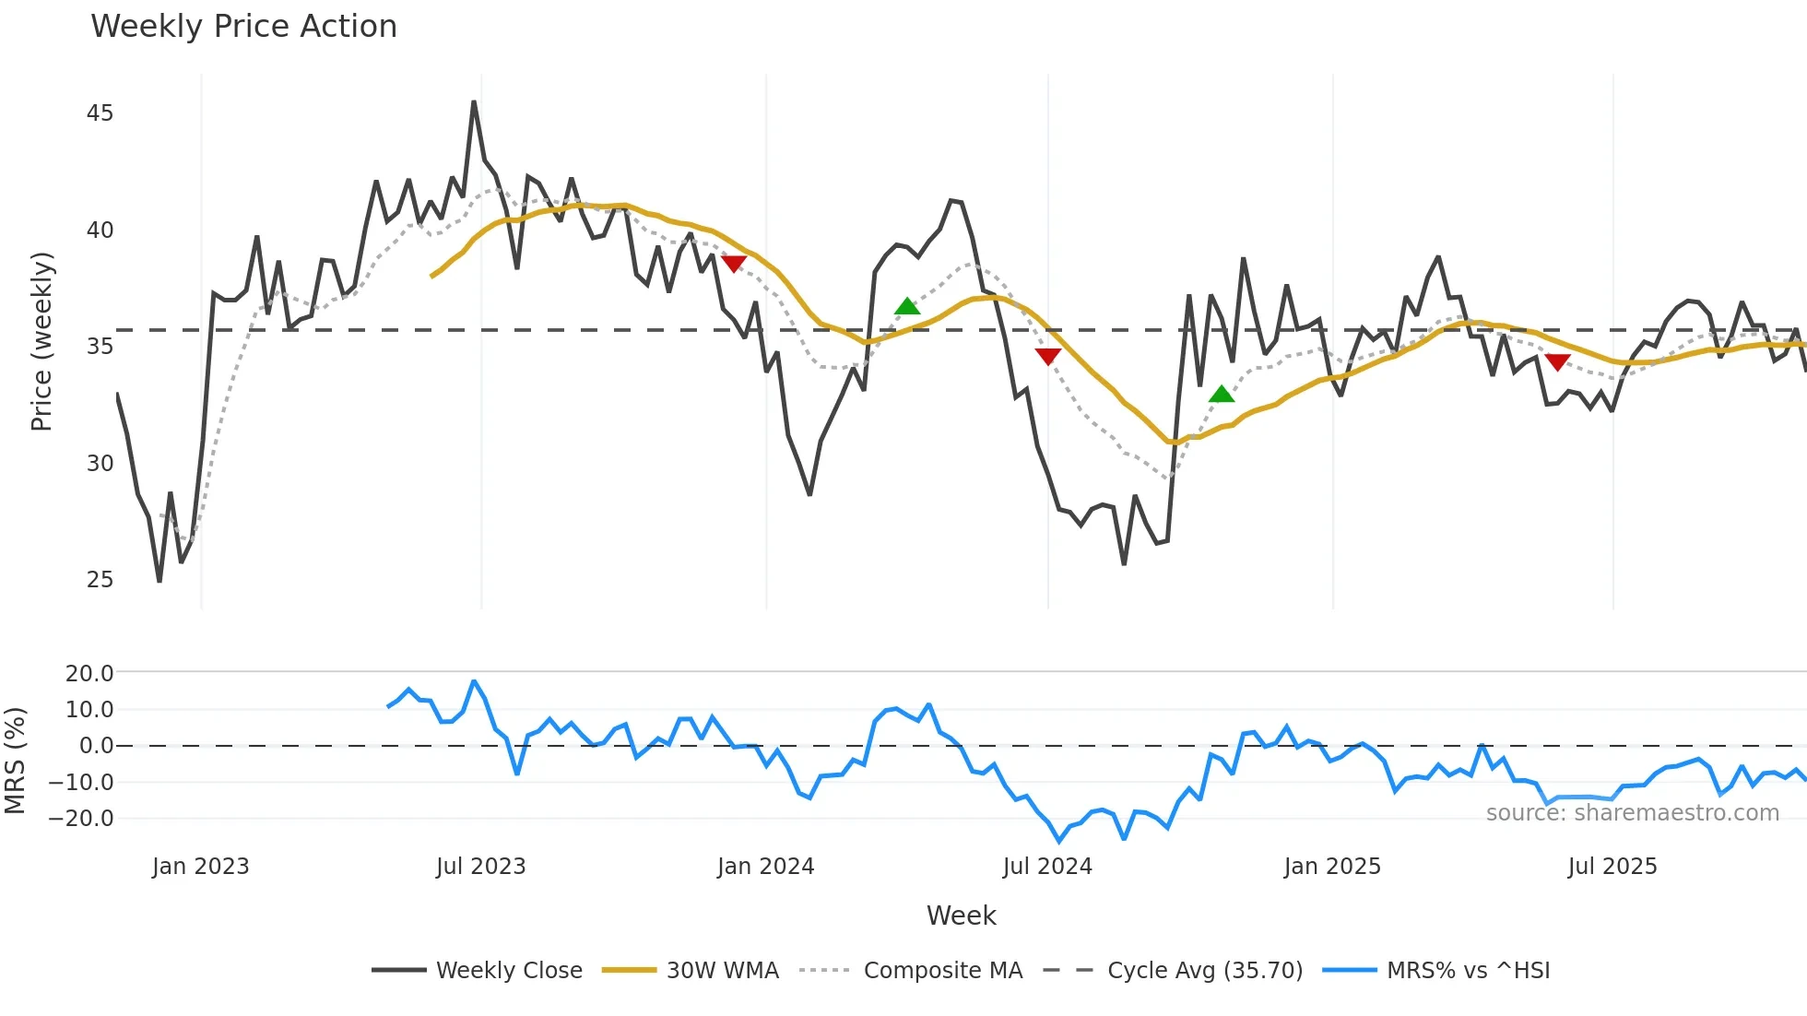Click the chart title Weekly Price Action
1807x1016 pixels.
243,27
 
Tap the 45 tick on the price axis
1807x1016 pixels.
100,113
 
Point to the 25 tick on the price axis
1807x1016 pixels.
100,580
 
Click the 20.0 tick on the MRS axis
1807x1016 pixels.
89,674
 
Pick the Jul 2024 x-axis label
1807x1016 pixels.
1047,867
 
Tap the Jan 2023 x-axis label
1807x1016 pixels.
200,867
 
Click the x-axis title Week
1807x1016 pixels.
961,916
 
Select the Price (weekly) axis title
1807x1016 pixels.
41,341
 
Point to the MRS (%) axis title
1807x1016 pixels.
15,761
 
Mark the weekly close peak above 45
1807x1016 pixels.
474,102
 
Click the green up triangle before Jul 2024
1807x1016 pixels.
907,306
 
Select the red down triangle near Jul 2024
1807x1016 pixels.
1048,356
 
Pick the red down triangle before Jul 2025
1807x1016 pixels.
1557,362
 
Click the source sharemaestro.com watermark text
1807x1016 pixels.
1632,813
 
